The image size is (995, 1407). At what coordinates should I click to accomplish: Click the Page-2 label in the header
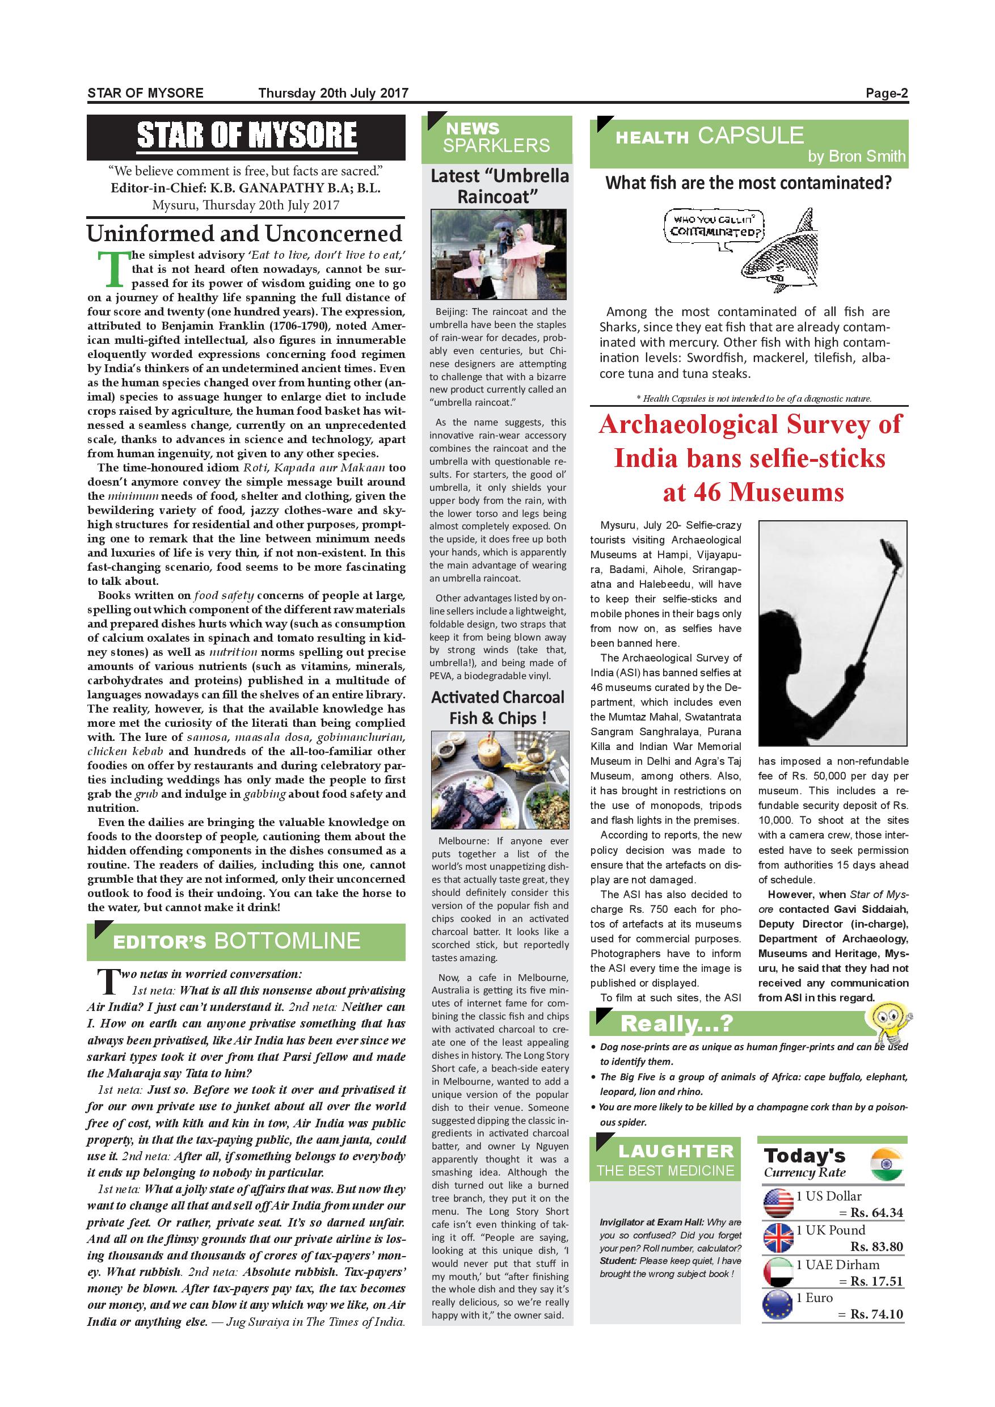pyautogui.click(x=886, y=94)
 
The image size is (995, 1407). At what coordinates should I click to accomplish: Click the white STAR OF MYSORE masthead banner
pyautogui.click(x=246, y=136)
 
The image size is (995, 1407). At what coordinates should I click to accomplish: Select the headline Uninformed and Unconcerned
pyautogui.click(x=244, y=234)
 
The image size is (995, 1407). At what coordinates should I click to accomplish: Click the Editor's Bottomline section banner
pyautogui.click(x=246, y=941)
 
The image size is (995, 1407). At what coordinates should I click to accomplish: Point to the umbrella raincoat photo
pyautogui.click(x=498, y=254)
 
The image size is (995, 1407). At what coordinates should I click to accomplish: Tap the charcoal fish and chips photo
pyautogui.click(x=500, y=780)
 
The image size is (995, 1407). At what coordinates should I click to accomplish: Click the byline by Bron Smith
pyautogui.click(x=856, y=156)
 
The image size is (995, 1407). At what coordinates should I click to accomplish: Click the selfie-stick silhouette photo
pyautogui.click(x=833, y=633)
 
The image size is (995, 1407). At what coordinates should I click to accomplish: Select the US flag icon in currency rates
pyautogui.click(x=778, y=1204)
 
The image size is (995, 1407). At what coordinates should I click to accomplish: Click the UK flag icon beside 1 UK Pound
pyautogui.click(x=778, y=1238)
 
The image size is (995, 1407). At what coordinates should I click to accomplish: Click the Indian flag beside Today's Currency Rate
pyautogui.click(x=886, y=1164)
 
